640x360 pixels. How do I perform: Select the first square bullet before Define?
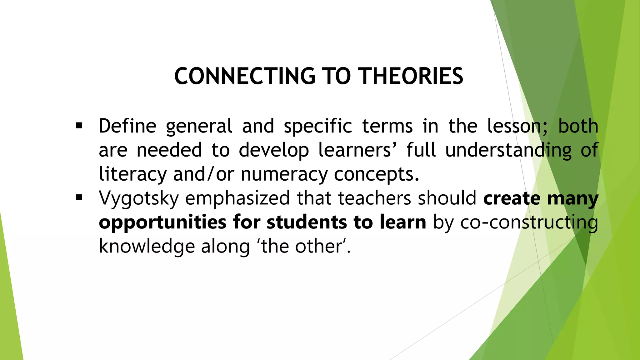point(79,126)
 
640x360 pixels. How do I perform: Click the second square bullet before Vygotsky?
point(79,198)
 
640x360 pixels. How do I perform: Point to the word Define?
point(127,126)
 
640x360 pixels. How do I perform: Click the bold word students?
point(307,222)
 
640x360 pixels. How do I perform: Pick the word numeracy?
point(284,174)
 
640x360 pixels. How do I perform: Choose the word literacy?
point(132,174)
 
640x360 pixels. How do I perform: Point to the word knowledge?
point(147,247)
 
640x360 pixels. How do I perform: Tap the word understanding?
point(508,150)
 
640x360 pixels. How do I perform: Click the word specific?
point(318,127)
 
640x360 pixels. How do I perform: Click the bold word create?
point(512,198)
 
